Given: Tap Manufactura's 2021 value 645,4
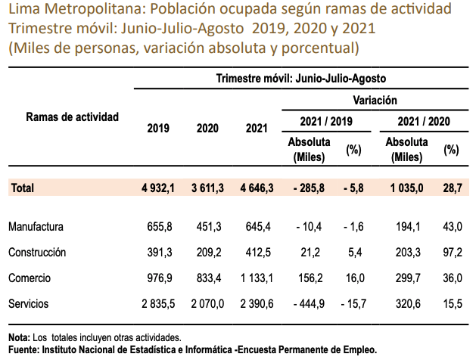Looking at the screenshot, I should (258, 227).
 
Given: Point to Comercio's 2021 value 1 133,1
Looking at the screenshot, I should (253, 278).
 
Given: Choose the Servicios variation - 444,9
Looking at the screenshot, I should (305, 304).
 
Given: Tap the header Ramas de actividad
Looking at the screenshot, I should (73, 117).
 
